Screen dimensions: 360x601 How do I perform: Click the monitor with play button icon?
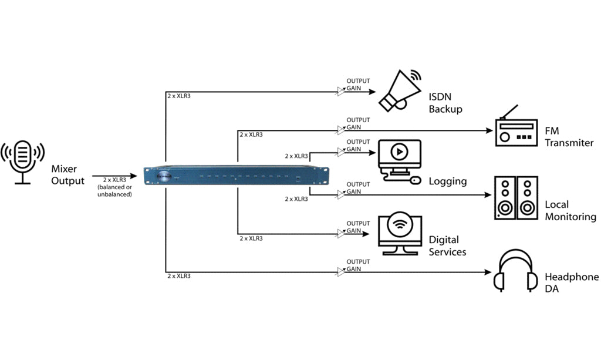399,159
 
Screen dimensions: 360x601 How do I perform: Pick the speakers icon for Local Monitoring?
516,198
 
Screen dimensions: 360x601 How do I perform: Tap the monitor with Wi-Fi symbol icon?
400,233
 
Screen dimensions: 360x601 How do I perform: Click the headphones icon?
516,272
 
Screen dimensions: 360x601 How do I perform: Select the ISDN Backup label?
445,103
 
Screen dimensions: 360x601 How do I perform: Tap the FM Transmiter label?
569,137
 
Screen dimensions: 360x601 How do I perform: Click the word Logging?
447,181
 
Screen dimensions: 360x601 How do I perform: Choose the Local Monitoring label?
570,211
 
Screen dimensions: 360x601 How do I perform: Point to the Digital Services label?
447,245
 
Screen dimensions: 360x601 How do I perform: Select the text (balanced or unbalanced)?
114,190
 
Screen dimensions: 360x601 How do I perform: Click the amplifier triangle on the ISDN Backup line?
341,91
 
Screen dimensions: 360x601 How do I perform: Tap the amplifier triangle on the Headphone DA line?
341,272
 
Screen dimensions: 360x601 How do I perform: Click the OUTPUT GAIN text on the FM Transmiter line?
357,123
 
